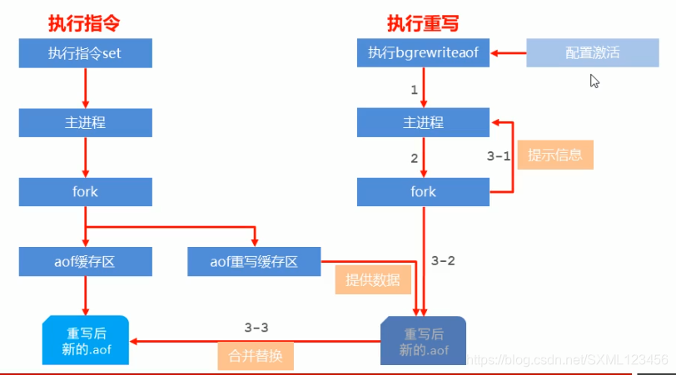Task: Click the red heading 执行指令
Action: click(x=85, y=23)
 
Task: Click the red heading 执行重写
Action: click(x=423, y=23)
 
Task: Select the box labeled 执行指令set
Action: click(x=85, y=54)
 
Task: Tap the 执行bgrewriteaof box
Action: click(x=423, y=54)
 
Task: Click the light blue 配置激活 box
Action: click(x=586, y=54)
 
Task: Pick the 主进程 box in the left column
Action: click(x=85, y=123)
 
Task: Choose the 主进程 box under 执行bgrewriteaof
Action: click(x=423, y=123)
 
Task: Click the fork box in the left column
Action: click(x=85, y=192)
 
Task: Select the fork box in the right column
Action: click(x=423, y=192)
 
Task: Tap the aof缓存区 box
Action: click(x=85, y=262)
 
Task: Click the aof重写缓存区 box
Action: click(x=254, y=262)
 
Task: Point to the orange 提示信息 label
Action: click(x=555, y=154)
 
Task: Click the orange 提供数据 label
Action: click(x=372, y=279)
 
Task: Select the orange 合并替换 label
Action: click(x=256, y=356)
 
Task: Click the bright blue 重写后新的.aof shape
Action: click(x=85, y=340)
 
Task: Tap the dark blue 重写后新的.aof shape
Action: click(x=423, y=341)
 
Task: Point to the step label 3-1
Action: click(x=498, y=155)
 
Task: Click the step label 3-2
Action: click(x=443, y=261)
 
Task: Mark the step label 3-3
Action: click(x=256, y=327)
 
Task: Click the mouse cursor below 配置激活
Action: click(x=594, y=80)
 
